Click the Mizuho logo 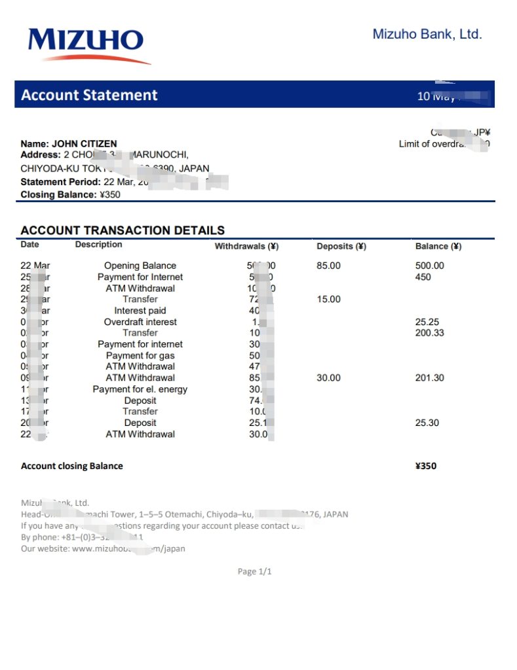tap(86, 44)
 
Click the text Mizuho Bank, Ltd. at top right tap(427, 34)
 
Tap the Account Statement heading tap(89, 95)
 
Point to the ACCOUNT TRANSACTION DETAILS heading tap(123, 230)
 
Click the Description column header tap(98, 245)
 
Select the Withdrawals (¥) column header tap(247, 247)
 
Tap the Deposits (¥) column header tap(341, 247)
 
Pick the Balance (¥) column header tap(438, 247)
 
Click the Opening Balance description tap(140, 266)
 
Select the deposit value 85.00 tap(328, 266)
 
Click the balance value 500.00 tap(430, 266)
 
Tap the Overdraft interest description tap(140, 322)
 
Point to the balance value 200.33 tap(430, 333)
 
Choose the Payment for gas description tap(140, 355)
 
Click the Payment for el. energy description tap(140, 389)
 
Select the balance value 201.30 tap(430, 378)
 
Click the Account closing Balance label tap(72, 466)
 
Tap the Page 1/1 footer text tap(254, 571)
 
